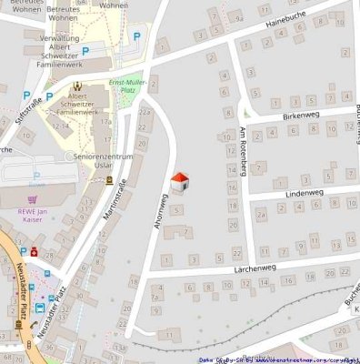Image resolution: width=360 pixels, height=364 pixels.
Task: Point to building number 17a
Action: click(105, 120)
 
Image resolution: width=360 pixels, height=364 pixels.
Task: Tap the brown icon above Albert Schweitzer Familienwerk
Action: click(76, 88)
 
